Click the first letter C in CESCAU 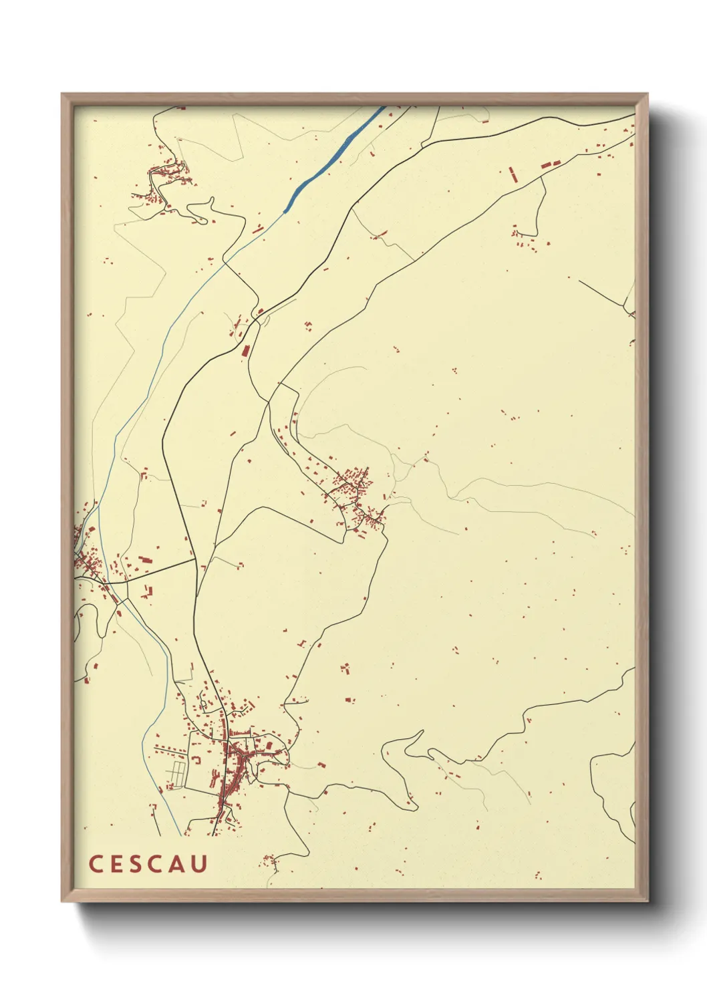pyautogui.click(x=95, y=863)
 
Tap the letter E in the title pyautogui.click(x=114, y=863)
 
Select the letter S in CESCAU pyautogui.click(x=134, y=863)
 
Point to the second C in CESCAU pyautogui.click(x=155, y=863)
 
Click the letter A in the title pyautogui.click(x=176, y=863)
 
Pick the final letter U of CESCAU pyautogui.click(x=198, y=863)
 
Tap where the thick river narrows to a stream pyautogui.click(x=285, y=212)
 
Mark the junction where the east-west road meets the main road pyautogui.click(x=195, y=560)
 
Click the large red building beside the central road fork pyautogui.click(x=245, y=350)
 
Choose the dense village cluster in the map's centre pyautogui.click(x=354, y=494)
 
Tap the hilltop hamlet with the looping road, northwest pyautogui.click(x=164, y=184)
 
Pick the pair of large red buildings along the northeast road pyautogui.click(x=550, y=163)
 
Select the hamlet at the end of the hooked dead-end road pyautogui.click(x=525, y=241)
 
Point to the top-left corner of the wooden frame pyautogui.click(x=62, y=94)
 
